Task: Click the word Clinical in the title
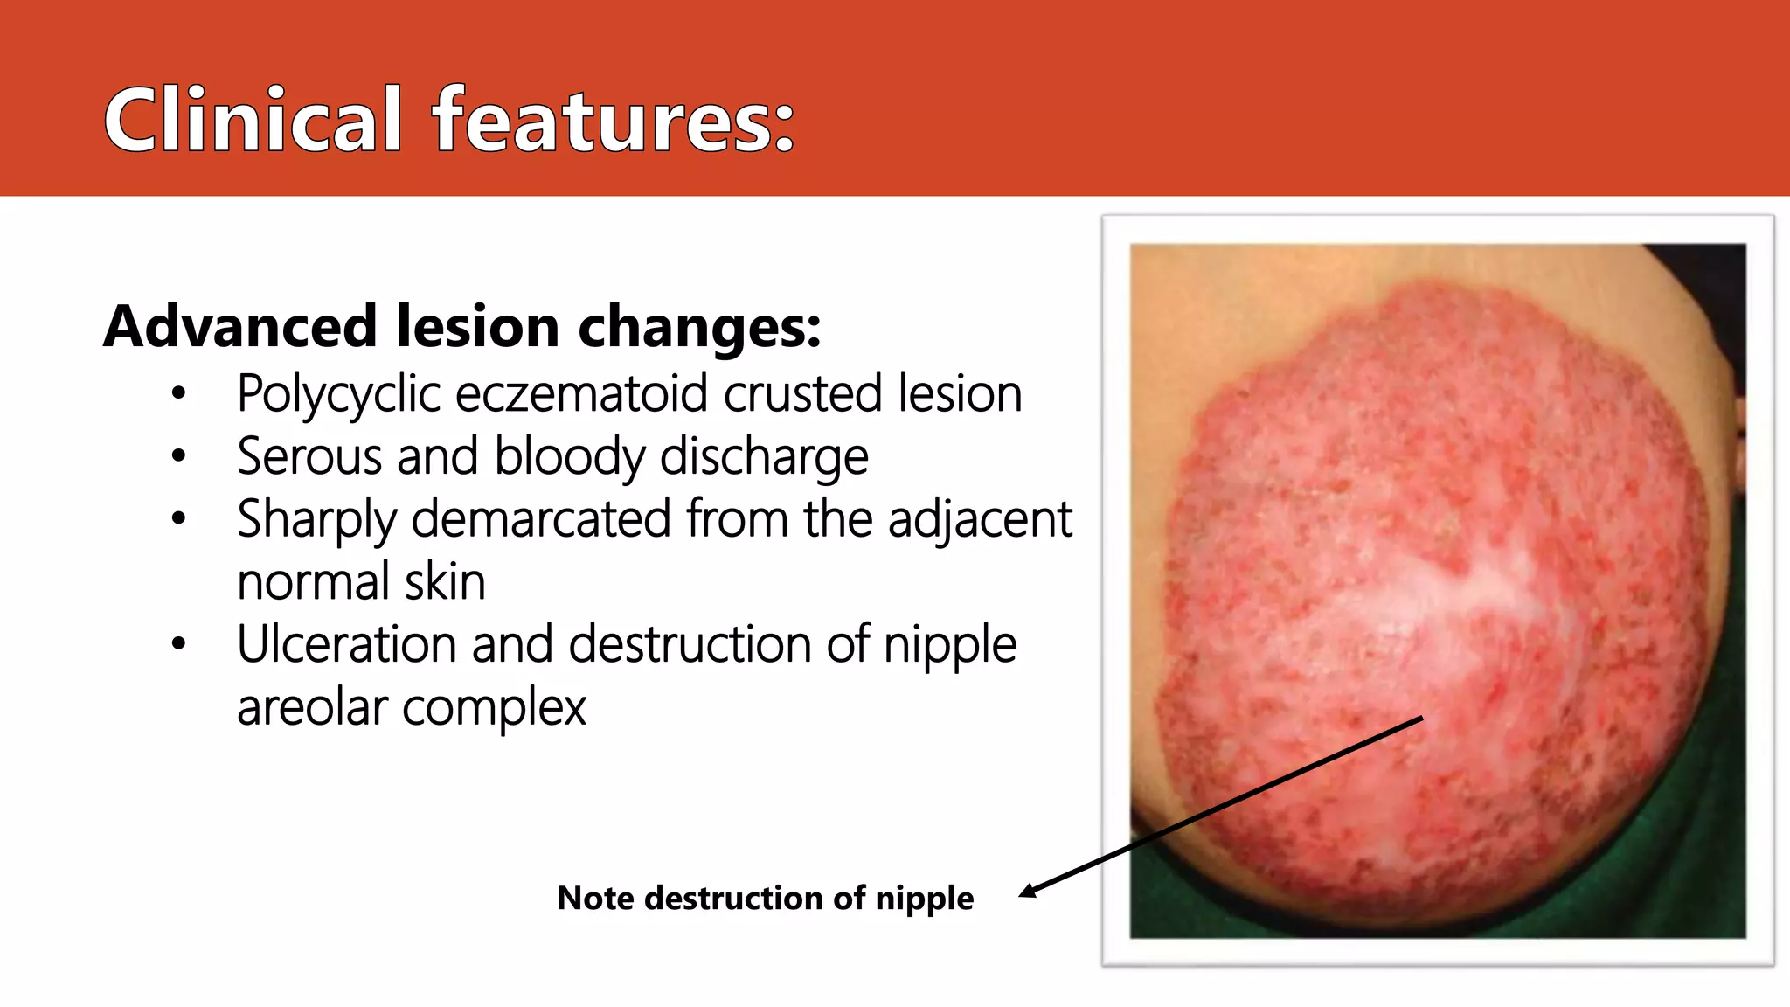253,120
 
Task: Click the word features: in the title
614,120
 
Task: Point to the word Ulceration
347,645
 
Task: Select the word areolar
312,707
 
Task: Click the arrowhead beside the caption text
1028,892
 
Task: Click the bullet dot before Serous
179,455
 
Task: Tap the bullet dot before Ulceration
179,644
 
